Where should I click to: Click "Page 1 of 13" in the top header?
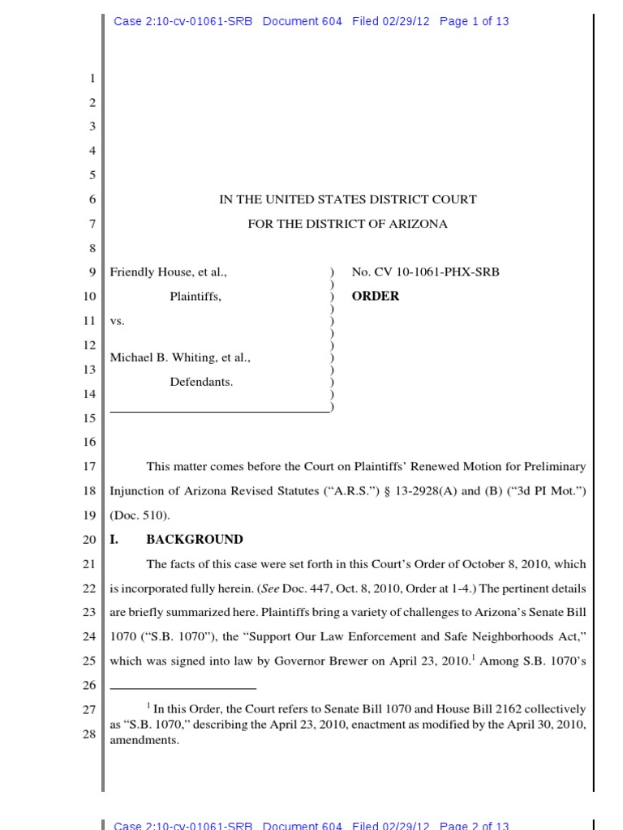coord(474,22)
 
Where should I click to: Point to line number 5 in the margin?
coord(92,175)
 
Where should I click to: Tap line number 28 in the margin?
coord(92,734)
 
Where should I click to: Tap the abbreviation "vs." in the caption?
coord(118,321)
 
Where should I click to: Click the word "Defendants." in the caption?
coord(201,382)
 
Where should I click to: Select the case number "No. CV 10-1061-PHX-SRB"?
coord(425,272)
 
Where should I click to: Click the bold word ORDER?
coord(375,297)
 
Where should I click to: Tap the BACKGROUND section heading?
coord(194,540)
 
